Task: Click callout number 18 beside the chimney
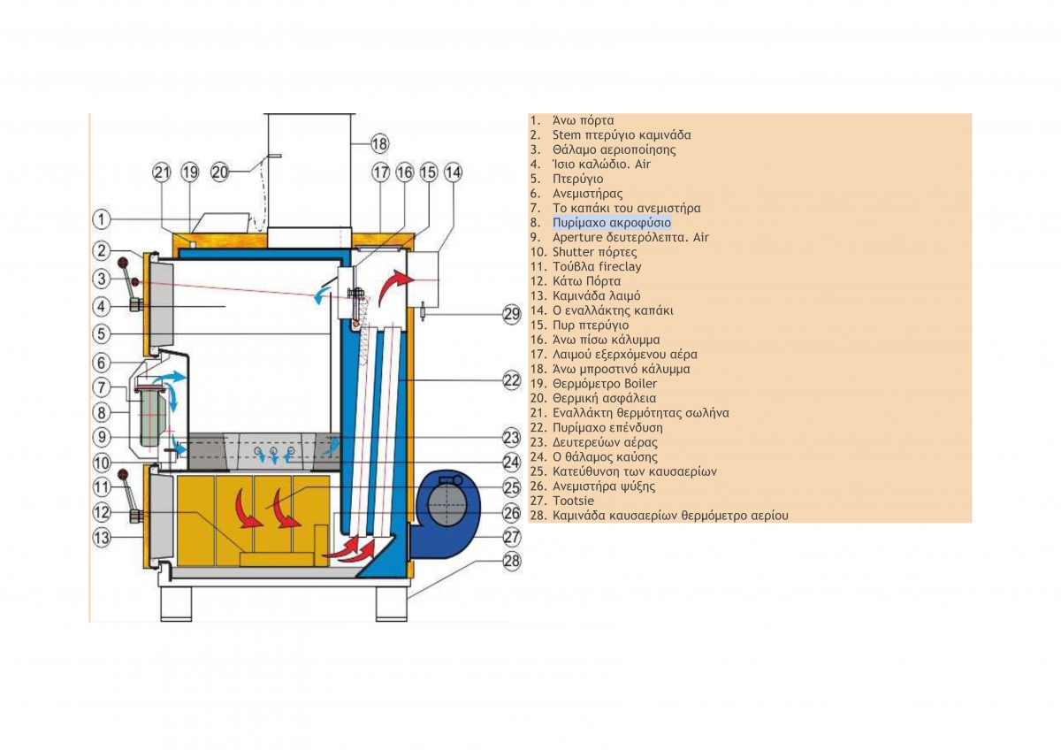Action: pyautogui.click(x=379, y=143)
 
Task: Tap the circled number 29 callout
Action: pyautogui.click(x=512, y=314)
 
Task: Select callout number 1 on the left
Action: pyautogui.click(x=101, y=219)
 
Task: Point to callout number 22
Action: pyautogui.click(x=512, y=380)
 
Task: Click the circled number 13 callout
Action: pyautogui.click(x=102, y=537)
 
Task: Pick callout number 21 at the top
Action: pyautogui.click(x=162, y=172)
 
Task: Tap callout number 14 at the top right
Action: pyautogui.click(x=453, y=172)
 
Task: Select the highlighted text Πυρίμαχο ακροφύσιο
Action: pyautogui.click(x=612, y=223)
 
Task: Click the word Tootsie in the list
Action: pyautogui.click(x=573, y=501)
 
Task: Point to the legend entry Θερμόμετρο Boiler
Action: pyautogui.click(x=605, y=384)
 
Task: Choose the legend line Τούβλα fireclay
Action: pyautogui.click(x=597, y=267)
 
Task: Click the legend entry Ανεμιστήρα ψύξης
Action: pyautogui.click(x=604, y=486)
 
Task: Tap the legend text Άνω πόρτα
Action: pyautogui.click(x=583, y=120)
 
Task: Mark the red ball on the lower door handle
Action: pyautogui.click(x=124, y=474)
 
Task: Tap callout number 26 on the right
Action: pyautogui.click(x=512, y=513)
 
